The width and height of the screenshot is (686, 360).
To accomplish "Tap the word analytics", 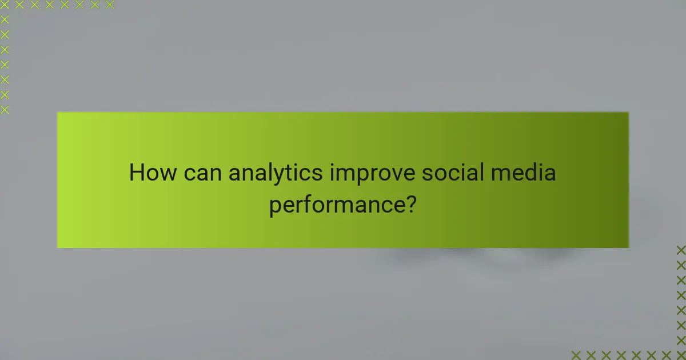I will pos(276,173).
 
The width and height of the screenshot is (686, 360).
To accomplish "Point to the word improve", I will pos(373,173).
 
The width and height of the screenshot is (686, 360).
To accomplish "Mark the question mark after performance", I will pos(410,204).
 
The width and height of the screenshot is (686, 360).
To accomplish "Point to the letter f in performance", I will pos(314,203).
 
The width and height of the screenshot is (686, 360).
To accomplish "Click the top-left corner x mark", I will pos(5,5).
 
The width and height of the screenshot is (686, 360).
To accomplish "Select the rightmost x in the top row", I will pos(109,5).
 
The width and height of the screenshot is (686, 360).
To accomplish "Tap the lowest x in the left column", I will pos(5,109).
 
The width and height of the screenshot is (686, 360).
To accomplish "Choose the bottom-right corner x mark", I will pos(681,355).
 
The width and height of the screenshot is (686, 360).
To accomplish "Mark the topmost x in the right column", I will pos(681,250).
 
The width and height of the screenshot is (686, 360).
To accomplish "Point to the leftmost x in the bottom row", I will pos(576,355).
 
